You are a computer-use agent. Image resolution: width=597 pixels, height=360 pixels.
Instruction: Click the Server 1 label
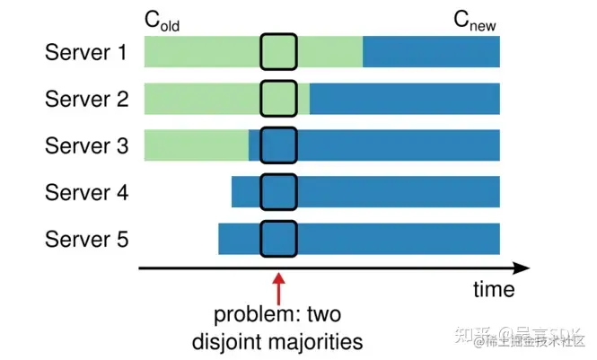click(x=86, y=52)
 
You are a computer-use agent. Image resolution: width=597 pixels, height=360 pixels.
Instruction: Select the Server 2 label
click(x=86, y=99)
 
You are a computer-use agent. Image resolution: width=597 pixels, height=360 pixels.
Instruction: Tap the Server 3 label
click(x=86, y=145)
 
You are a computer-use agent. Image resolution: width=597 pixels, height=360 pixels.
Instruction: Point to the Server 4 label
click(x=86, y=192)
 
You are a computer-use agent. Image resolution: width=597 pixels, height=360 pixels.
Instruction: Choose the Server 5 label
click(x=86, y=239)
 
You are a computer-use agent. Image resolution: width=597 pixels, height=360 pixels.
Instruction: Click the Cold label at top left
click(x=162, y=21)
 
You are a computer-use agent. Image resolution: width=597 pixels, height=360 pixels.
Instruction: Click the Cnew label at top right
click(x=474, y=21)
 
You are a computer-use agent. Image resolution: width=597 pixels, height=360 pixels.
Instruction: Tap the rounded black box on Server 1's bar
click(x=278, y=52)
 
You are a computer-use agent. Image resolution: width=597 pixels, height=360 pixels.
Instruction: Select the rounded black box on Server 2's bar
click(x=278, y=99)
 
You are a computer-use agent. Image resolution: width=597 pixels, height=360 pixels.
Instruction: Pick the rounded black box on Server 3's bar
click(x=278, y=145)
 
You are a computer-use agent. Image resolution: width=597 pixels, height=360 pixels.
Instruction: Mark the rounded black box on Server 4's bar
click(x=278, y=192)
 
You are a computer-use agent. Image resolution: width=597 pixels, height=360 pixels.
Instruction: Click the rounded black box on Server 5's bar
click(x=278, y=239)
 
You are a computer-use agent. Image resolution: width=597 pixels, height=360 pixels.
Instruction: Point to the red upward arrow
click(x=278, y=289)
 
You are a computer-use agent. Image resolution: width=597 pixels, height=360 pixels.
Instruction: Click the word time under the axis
click(x=494, y=290)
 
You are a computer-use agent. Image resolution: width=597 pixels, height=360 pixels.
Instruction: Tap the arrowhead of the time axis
click(x=521, y=268)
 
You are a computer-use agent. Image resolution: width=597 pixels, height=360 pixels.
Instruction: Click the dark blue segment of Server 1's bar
click(x=431, y=52)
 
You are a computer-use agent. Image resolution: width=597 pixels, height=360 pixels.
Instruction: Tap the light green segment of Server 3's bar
click(x=196, y=145)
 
